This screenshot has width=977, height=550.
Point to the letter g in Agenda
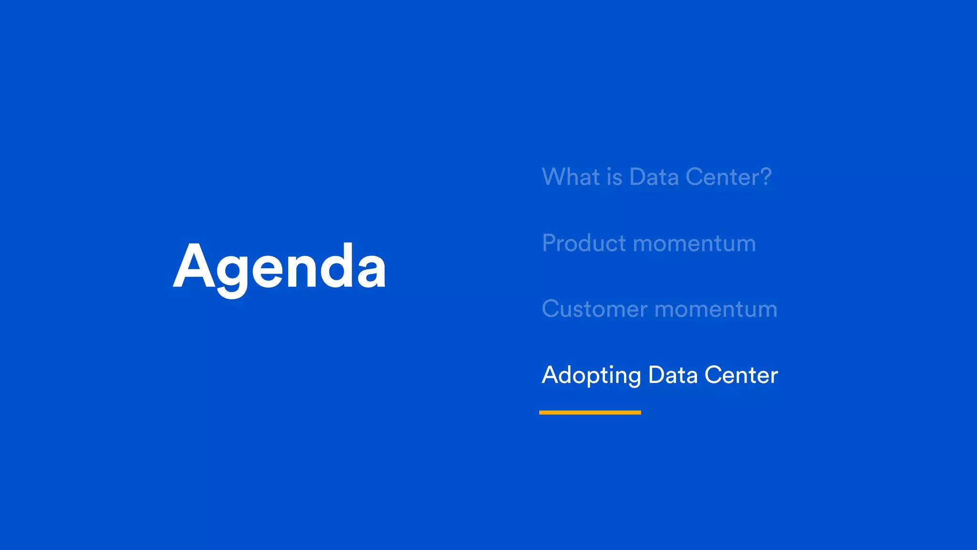[x=232, y=272]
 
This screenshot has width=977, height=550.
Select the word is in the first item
[x=615, y=177]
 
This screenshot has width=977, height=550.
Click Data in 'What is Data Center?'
[x=654, y=177]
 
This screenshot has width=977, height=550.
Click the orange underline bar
[x=590, y=412]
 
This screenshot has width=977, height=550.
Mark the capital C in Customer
[x=551, y=309]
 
